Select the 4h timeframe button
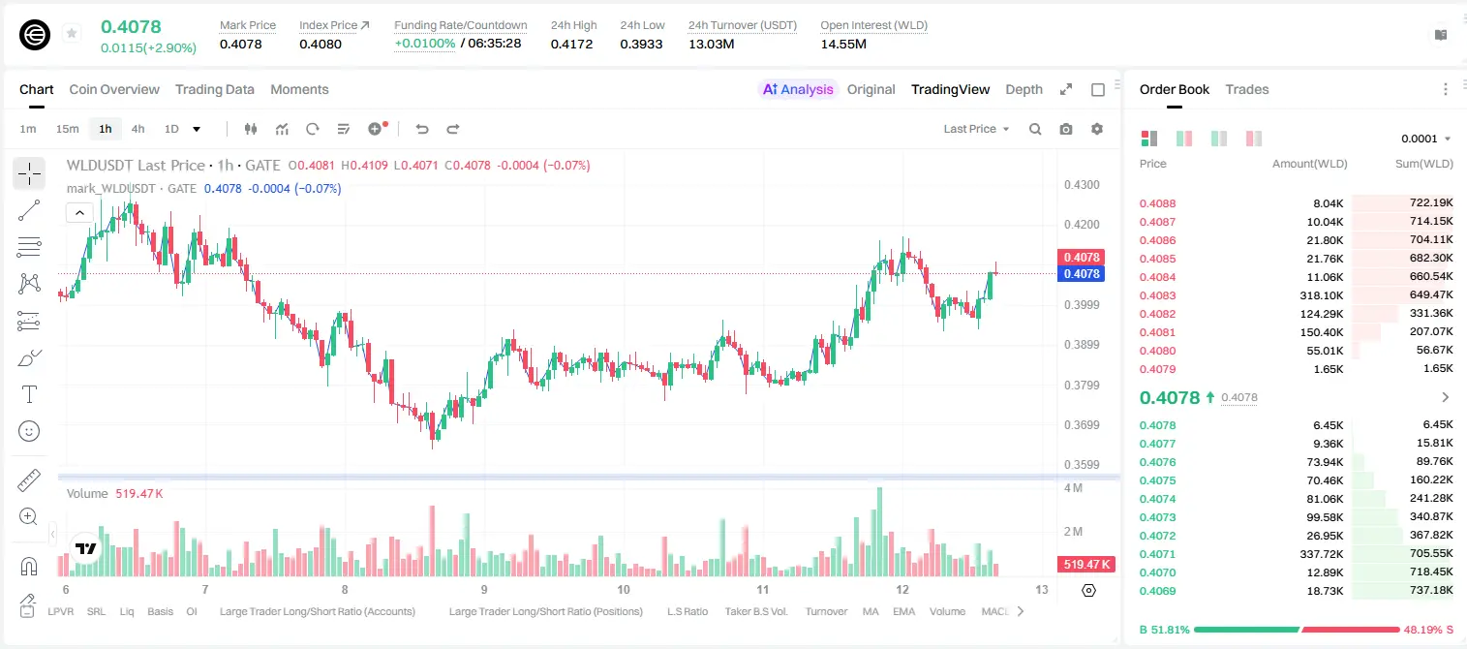(138, 129)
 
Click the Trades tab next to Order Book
(1247, 89)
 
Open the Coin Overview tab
(114, 89)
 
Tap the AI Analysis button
(798, 89)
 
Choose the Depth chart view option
(1024, 89)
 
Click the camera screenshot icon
(1066, 129)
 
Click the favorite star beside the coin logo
(72, 33)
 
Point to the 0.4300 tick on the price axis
(1082, 185)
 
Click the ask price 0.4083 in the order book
(1157, 295)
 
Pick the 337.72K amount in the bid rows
(1321, 554)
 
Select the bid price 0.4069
(1157, 591)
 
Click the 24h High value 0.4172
(571, 44)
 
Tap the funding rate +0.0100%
(424, 44)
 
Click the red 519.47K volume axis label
(1085, 564)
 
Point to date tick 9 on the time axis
(484, 589)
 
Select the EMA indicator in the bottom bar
(903, 611)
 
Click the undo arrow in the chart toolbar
(422, 129)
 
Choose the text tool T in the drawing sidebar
(29, 394)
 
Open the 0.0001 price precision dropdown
(1425, 139)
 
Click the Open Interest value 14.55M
(843, 44)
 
